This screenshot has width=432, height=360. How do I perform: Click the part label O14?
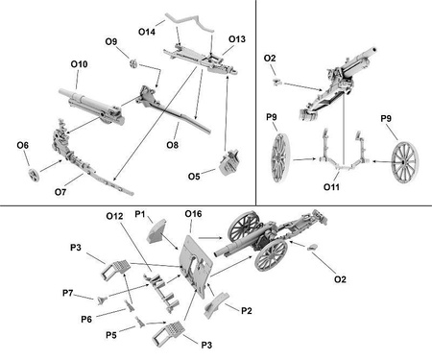pyautogui.click(x=147, y=32)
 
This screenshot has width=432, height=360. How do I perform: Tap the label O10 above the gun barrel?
pyautogui.click(x=79, y=64)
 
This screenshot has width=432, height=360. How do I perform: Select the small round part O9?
pyautogui.click(x=134, y=63)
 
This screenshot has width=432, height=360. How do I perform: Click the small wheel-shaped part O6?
pyautogui.click(x=34, y=175)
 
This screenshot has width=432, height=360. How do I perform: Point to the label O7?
pyautogui.click(x=60, y=192)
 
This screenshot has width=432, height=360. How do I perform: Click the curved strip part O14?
pyautogui.click(x=189, y=22)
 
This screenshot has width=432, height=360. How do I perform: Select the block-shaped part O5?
pyautogui.click(x=229, y=162)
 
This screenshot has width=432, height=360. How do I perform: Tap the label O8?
pyautogui.click(x=173, y=145)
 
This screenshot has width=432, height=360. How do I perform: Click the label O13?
pyautogui.click(x=237, y=39)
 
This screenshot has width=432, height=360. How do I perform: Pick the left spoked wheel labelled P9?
pyautogui.click(x=280, y=157)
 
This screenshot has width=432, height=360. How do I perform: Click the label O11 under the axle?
pyautogui.click(x=331, y=187)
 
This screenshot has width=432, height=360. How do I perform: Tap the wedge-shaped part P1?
pyautogui.click(x=156, y=231)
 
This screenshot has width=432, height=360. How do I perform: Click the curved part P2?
pyautogui.click(x=216, y=305)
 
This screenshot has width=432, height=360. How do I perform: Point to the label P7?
pyautogui.click(x=68, y=293)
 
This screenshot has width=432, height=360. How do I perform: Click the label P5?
pyautogui.click(x=111, y=335)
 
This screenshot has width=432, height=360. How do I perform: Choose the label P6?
pyautogui.click(x=86, y=319)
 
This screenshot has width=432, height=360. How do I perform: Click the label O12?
pyautogui.click(x=114, y=216)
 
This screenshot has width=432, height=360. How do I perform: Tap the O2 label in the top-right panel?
pyautogui.click(x=270, y=59)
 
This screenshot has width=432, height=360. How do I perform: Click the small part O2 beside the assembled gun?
pyautogui.click(x=313, y=247)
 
